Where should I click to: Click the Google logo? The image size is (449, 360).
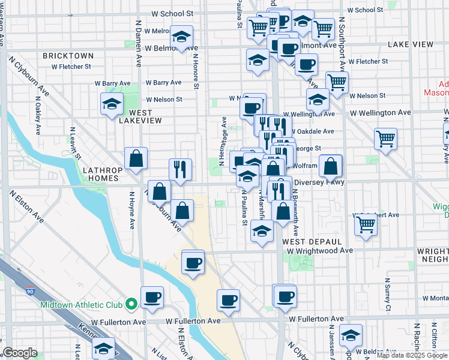pos(19,353)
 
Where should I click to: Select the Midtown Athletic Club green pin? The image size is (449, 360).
pos(131,305)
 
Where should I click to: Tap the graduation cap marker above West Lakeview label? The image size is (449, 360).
pos(112,104)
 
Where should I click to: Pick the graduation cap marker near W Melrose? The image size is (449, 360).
pos(181,37)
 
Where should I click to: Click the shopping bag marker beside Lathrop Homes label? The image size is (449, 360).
pos(136,159)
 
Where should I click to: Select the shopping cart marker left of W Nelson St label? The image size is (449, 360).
pos(337,82)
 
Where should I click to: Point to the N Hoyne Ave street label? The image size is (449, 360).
pos(131,210)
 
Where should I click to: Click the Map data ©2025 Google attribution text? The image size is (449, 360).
pos(411,355)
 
